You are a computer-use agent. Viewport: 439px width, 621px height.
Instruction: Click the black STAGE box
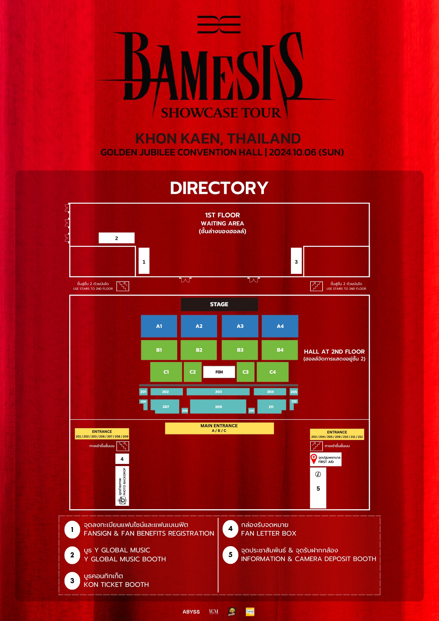219,304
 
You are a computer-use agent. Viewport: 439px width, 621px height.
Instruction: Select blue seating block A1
159,326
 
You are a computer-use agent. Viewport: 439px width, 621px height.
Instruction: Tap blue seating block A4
280,326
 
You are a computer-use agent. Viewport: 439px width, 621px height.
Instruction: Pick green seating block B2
199,350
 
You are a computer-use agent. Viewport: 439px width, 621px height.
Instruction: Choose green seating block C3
245,372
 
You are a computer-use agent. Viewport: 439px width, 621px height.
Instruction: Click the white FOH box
219,372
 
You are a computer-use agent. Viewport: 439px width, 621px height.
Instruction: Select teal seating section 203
218,392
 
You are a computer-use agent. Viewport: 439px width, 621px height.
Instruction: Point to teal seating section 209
218,406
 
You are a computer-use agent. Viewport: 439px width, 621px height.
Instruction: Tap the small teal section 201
143,392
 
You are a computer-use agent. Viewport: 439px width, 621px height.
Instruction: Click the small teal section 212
294,401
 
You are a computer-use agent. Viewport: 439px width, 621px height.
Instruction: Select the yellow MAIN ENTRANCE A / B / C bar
219,428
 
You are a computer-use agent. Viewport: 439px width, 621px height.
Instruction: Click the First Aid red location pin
314,458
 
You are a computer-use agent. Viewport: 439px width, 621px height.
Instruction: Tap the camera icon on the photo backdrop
122,500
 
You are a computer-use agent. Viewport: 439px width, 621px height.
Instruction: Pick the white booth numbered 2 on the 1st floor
116,238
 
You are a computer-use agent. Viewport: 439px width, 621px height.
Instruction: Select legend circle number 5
230,555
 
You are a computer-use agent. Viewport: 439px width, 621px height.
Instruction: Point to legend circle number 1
72,529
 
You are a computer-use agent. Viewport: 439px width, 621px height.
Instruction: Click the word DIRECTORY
219,188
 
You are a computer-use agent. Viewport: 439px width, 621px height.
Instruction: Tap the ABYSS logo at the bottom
191,612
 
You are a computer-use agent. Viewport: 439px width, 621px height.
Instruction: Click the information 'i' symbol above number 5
318,474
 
